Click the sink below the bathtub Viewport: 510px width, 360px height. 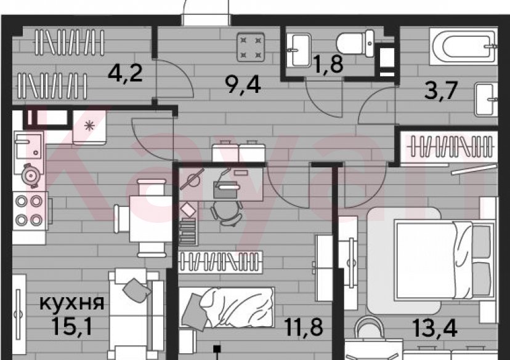point(485,99)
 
